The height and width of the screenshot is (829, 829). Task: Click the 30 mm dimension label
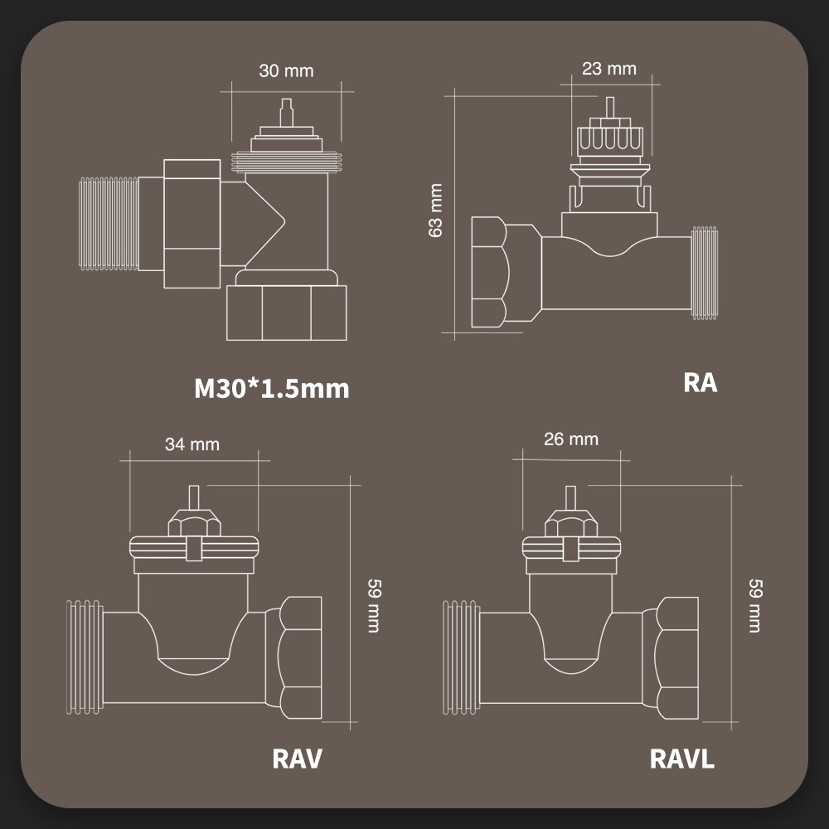(286, 70)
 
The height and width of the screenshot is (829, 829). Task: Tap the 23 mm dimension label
(608, 68)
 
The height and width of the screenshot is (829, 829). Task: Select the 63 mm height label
(436, 211)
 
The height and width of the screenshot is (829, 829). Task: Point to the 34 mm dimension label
(192, 444)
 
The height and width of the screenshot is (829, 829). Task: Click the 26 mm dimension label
(570, 439)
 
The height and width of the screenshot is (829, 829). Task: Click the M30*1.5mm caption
(271, 388)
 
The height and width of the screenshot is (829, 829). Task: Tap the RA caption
(701, 383)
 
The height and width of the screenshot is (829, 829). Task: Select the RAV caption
(297, 758)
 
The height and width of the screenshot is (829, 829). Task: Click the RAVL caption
(681, 759)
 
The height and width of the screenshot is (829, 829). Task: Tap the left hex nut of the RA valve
(488, 273)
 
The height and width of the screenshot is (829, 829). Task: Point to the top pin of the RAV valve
(194, 495)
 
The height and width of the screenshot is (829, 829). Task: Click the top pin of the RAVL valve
(570, 496)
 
